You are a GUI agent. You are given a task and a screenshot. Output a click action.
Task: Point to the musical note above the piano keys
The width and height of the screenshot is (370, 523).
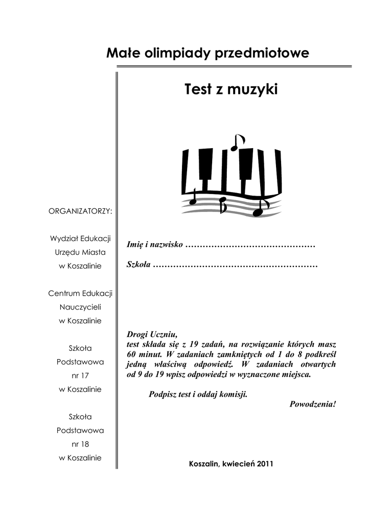coord(237,142)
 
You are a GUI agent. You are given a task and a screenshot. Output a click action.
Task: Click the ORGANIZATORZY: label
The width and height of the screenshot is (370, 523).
coord(80,211)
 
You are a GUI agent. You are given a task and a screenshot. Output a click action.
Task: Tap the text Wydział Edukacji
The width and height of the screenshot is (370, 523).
coord(80,239)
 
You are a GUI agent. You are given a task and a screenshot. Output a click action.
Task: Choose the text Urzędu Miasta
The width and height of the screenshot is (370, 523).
coord(80,252)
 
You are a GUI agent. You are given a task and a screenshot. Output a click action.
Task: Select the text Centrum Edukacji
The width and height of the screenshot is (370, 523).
coord(80,293)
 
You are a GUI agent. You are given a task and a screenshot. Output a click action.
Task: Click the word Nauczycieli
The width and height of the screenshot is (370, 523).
coord(80,307)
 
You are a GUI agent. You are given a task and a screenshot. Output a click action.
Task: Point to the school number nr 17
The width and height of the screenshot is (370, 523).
coord(80,375)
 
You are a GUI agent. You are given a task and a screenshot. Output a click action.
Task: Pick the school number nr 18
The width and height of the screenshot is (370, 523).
coord(80,444)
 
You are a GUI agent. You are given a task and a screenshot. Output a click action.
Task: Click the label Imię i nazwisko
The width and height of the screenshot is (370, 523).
coord(154,245)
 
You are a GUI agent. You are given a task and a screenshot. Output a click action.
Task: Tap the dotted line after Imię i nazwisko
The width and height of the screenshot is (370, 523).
coord(250,246)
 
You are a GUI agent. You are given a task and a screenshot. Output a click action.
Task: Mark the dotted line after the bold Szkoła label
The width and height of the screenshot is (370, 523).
coord(236,266)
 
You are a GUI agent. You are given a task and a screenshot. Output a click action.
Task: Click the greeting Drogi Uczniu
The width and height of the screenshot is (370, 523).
coord(151,335)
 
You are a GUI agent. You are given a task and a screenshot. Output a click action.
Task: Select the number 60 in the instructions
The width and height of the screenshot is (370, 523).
coord(131,354)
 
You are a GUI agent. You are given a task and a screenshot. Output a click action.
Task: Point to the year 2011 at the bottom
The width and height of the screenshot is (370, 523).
coord(265,464)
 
